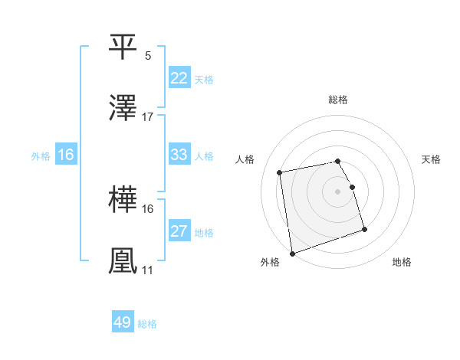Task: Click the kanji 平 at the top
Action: click(x=123, y=47)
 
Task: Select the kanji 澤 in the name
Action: click(x=123, y=110)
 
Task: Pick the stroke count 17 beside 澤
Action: click(x=148, y=117)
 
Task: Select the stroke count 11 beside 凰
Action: click(x=147, y=270)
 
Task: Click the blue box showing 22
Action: click(x=179, y=78)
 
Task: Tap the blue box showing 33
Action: click(x=179, y=155)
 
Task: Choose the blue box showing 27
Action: click(x=179, y=231)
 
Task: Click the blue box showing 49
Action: click(x=122, y=322)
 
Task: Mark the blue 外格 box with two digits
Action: click(x=65, y=155)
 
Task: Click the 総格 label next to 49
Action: click(x=147, y=324)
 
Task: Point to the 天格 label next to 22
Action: click(x=204, y=80)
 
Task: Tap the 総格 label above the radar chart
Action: click(x=338, y=100)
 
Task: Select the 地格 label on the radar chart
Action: click(x=402, y=262)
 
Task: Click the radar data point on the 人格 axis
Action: click(x=280, y=172)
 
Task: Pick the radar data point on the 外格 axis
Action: click(x=291, y=254)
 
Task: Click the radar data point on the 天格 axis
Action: click(x=352, y=187)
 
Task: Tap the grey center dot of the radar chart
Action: click(x=338, y=191)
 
